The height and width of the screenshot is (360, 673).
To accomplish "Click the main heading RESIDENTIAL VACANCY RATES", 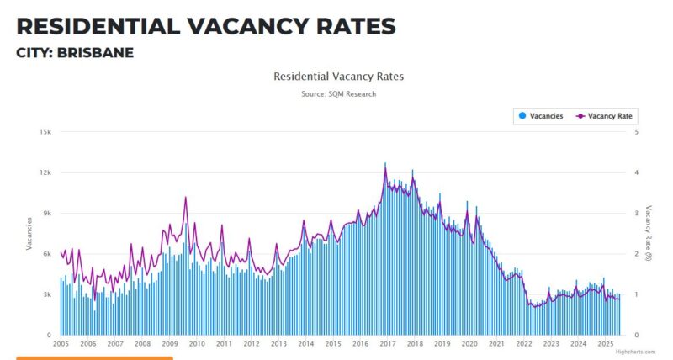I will click(206, 26).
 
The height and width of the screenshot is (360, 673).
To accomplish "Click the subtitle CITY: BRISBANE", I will click(75, 53).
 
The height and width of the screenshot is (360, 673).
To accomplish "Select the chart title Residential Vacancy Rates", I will click(338, 77).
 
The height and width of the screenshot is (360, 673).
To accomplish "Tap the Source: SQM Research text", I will click(338, 94).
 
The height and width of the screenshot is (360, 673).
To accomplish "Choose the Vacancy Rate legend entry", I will click(604, 116).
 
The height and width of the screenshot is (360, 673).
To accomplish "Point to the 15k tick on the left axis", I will click(47, 132).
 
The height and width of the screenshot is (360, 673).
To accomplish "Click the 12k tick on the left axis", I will click(47, 172).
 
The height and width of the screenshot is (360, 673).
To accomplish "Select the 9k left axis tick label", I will click(49, 214).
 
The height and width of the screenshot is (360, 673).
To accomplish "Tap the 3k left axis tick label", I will click(49, 294).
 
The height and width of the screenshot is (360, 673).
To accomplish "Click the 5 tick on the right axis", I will click(636, 132).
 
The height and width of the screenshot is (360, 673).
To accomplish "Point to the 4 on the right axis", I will click(636, 172).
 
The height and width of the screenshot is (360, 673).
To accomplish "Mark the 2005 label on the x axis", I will click(61, 344).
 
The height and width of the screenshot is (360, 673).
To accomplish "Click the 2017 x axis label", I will click(388, 344).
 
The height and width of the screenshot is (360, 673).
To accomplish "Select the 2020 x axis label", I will click(469, 344).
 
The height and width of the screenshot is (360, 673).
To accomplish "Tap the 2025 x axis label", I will click(605, 344).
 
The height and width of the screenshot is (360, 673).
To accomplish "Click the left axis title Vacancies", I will click(29, 233).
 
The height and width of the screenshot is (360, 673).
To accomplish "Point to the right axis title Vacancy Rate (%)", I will click(649, 233).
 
